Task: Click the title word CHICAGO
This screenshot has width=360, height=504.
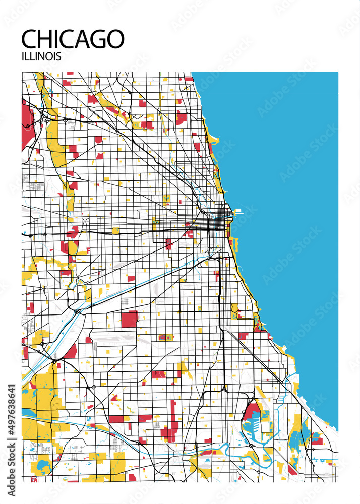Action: (x=73, y=39)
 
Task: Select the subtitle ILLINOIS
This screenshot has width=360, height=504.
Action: (x=41, y=56)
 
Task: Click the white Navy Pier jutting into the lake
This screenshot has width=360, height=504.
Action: (x=237, y=211)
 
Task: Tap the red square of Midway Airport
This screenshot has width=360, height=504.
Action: (x=129, y=319)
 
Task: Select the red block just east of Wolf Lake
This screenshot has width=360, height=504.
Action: (x=316, y=438)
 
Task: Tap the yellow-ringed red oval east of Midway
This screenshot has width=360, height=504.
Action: (x=165, y=337)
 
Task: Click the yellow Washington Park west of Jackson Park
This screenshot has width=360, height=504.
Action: (x=234, y=310)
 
